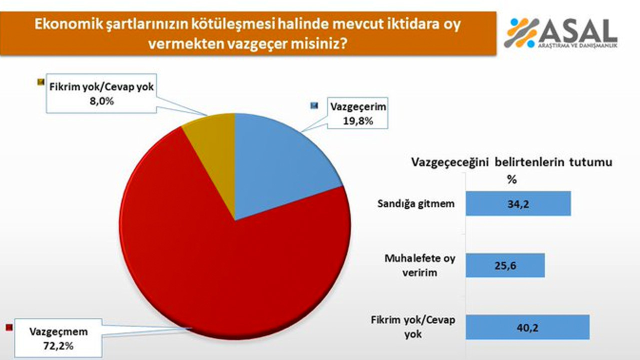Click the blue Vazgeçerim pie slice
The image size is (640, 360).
pyautogui.click(x=280, y=160)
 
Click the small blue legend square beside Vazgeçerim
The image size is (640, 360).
pyautogui.click(x=313, y=106)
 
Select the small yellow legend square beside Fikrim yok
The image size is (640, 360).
pyautogui.click(x=40, y=81)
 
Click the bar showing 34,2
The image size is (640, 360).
pyautogui.click(x=518, y=203)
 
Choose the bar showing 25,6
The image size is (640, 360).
pyautogui.click(x=505, y=265)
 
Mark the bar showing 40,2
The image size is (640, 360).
pyautogui.click(x=527, y=327)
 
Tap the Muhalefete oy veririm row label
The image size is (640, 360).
pyautogui.click(x=419, y=265)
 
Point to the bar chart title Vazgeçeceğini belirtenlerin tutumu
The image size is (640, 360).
pyautogui.click(x=511, y=162)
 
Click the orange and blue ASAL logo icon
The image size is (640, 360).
pyautogui.click(x=521, y=32)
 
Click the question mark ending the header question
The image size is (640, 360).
pyautogui.click(x=344, y=43)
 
